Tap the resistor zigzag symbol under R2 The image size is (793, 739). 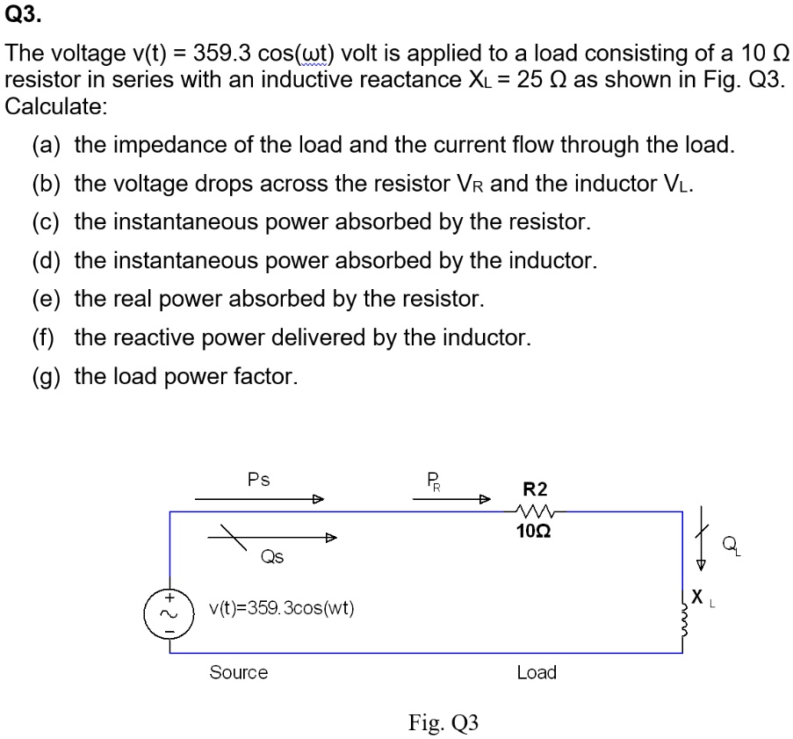(x=535, y=511)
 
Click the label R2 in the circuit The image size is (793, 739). (x=535, y=489)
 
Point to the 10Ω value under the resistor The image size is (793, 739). (x=535, y=531)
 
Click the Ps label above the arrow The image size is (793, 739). (x=258, y=480)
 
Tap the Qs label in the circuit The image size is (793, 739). (x=271, y=555)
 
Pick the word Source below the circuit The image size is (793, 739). (x=238, y=672)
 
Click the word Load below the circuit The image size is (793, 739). (x=536, y=672)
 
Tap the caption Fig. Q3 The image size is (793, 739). (x=443, y=722)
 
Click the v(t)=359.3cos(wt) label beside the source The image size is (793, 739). (x=281, y=607)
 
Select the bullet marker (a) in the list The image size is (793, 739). (x=45, y=145)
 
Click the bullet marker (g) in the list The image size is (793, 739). (x=45, y=377)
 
